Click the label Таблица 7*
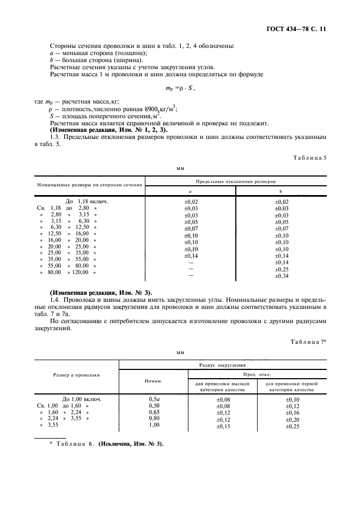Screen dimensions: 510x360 pyautogui.click(x=309, y=341)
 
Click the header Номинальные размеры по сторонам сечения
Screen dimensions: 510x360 pyautogui.click(x=90, y=185)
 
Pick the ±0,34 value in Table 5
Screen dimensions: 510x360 pyautogui.click(x=282, y=276)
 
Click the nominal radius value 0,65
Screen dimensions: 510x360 pyautogui.click(x=154, y=413)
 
